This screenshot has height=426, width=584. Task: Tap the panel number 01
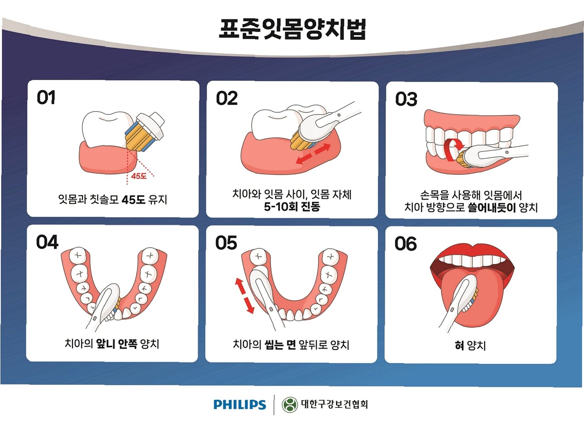46,97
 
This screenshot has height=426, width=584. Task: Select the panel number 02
227,99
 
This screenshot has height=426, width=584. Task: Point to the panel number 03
406,99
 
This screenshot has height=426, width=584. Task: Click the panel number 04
47,242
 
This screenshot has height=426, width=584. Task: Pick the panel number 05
226,243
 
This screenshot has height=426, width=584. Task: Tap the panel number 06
405,244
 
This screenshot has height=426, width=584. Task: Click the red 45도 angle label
139,176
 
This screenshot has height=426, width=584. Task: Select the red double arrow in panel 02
313,154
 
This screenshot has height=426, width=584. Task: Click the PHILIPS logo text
240,405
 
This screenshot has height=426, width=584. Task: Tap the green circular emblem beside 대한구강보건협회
290,405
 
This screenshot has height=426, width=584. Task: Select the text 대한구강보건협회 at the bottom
334,404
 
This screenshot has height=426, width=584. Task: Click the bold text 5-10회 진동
292,207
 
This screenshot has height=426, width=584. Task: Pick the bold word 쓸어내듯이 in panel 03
492,208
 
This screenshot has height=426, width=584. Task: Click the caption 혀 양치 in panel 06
470,345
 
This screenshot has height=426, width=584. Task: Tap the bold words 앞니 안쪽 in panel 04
116,344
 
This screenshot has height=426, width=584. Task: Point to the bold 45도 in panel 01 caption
133,200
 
